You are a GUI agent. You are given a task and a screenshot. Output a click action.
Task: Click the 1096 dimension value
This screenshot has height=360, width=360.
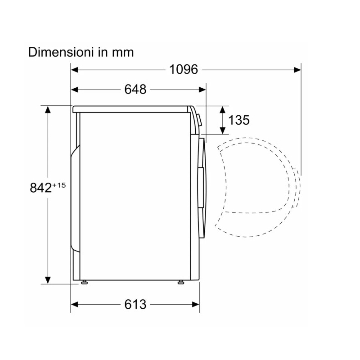coord(184,69)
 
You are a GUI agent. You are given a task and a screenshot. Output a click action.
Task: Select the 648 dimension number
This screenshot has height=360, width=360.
coord(135,89)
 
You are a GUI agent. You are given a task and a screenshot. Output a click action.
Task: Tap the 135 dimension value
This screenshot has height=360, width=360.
coord(239,120)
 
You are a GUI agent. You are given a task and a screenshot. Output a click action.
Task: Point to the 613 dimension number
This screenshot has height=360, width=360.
coord(135,305)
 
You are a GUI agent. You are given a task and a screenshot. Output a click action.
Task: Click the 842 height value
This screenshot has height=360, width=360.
coord(40,188)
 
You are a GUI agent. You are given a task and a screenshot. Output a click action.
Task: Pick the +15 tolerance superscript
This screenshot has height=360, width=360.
coord(59,185)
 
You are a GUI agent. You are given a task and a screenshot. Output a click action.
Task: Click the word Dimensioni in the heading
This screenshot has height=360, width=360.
coord(61,52)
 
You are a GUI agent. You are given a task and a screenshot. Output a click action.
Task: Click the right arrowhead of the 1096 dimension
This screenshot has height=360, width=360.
coord(297,70)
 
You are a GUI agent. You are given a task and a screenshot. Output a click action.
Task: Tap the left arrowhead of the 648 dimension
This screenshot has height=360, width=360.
coord(75,90)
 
